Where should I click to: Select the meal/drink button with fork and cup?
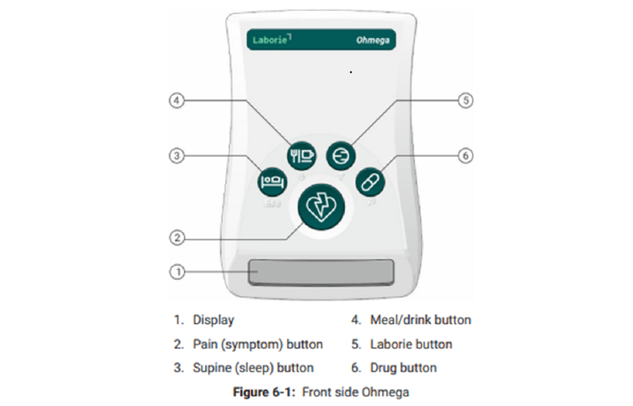pos(301,155)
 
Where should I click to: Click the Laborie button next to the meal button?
pos(340,155)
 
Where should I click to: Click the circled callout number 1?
pos(176,271)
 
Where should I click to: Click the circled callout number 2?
pos(176,237)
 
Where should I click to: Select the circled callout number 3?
pos(176,156)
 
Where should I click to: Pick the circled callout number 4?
pos(176,100)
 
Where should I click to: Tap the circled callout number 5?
pos(466,100)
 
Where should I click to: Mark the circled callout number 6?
pos(466,156)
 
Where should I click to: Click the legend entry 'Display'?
pos(213,320)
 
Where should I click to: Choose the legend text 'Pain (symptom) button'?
pos(258,344)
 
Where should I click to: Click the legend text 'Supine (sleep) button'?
pos(253,368)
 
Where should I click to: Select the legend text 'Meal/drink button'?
pos(420,320)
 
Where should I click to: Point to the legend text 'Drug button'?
pos(403,368)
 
